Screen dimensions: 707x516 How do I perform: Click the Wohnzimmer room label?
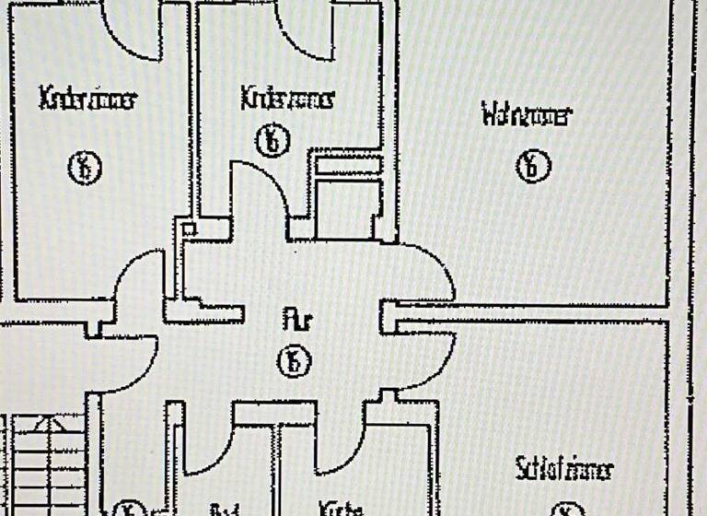[x=526, y=116]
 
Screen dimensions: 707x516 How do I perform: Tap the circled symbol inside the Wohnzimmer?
[x=532, y=167]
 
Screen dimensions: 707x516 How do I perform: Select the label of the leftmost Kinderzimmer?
[x=87, y=99]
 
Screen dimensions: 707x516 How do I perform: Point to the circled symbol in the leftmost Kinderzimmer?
[x=85, y=168]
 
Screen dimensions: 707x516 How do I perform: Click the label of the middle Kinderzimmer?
[x=287, y=97]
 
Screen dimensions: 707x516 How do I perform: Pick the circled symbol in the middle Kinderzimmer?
[x=273, y=141]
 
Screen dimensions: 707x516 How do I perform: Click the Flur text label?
[x=297, y=322]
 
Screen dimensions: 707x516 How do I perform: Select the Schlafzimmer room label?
[x=563, y=469]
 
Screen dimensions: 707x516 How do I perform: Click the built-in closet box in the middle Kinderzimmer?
[x=348, y=198]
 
